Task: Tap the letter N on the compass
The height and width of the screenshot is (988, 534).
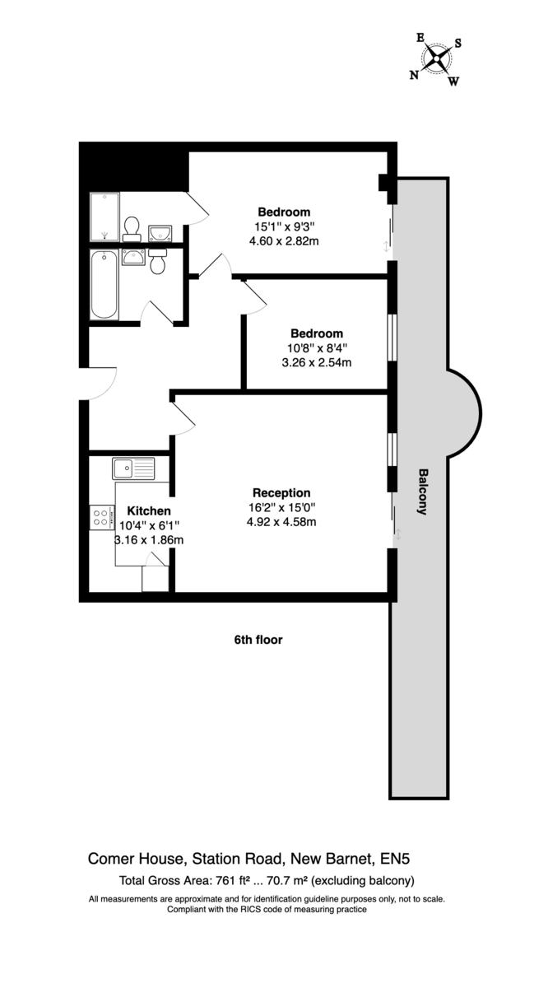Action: coord(414,76)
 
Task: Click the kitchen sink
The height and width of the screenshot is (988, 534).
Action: coord(133,468)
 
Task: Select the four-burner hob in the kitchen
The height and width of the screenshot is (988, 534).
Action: coord(102,517)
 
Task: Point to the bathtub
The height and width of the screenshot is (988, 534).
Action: coord(104,285)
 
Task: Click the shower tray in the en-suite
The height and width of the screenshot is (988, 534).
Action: coord(104,217)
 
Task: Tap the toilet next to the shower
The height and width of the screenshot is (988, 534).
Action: coord(132,230)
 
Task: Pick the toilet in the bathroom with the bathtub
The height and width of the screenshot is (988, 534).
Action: coord(157,261)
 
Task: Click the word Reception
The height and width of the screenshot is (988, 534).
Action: coord(281,492)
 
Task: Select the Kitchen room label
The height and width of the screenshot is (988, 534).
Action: coord(149,510)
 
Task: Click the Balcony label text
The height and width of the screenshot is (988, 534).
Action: coord(422,492)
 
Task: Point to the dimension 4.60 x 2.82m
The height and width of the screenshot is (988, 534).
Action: coord(284,241)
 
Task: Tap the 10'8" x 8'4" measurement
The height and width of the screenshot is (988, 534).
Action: coord(317,348)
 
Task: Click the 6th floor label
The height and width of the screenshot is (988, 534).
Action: coord(258,640)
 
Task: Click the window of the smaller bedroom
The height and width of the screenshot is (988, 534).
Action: coord(392,338)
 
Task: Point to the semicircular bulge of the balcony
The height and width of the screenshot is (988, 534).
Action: coord(464,413)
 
